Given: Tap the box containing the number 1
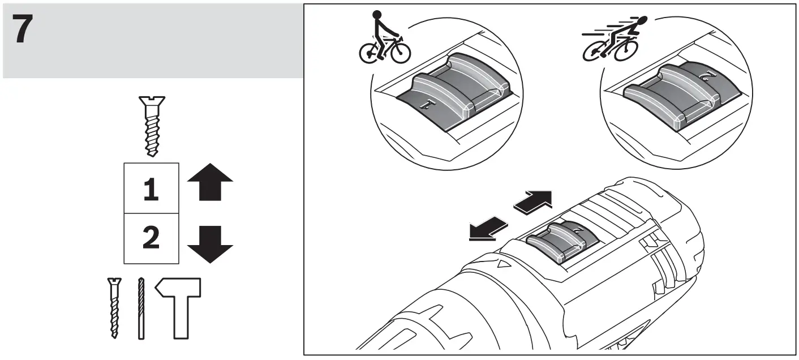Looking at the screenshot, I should pos(151,188).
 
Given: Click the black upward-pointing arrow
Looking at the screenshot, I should pos(209,183).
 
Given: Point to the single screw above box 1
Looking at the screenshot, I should pos(151,126).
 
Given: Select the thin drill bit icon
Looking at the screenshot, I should pos(140,308).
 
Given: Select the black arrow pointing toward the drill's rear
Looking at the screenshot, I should pos(533,202).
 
